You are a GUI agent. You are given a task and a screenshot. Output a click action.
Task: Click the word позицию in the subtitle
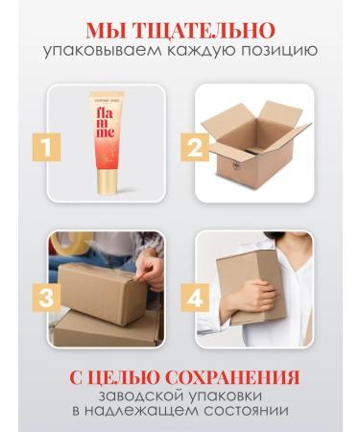pyautogui.click(x=279, y=52)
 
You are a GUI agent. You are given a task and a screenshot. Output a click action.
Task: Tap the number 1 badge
pyautogui.click(x=46, y=147)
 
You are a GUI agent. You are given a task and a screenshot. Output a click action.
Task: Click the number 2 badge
pyautogui.click(x=195, y=147)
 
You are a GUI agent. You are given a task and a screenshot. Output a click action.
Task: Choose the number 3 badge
pyautogui.click(x=46, y=298)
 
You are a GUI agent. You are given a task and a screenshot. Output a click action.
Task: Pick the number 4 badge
pyautogui.click(x=195, y=298)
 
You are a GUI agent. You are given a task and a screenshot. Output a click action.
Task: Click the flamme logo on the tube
pyautogui.click(x=106, y=123)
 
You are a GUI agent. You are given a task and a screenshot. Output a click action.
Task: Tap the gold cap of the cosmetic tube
pyautogui.click(x=107, y=181)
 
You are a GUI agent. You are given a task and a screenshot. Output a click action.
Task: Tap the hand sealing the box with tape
pyautogui.click(x=151, y=272)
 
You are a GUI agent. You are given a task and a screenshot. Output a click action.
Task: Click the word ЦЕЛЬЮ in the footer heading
pyautogui.click(x=124, y=377)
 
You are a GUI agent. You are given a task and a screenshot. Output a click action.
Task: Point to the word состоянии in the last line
pyautogui.click(x=247, y=411)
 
